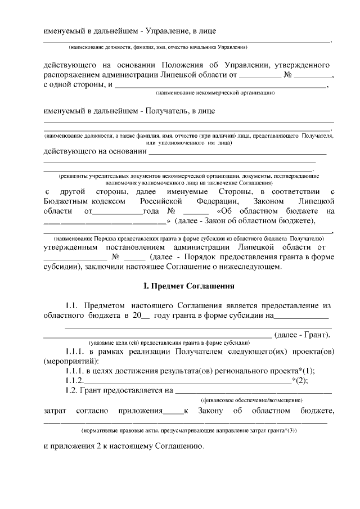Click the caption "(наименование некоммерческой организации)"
[215, 92]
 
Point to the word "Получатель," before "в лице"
[168, 111]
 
